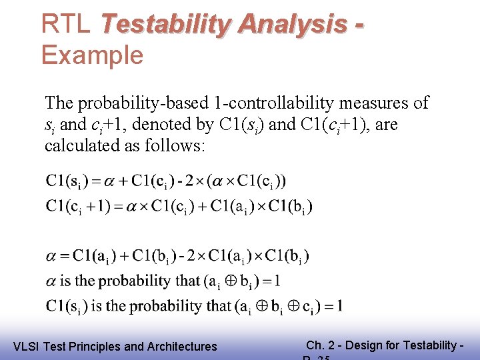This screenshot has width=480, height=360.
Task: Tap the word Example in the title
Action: tap(92, 55)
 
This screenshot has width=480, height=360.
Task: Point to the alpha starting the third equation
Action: tap(51, 255)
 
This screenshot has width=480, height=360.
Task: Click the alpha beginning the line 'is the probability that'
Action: tap(51, 281)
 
